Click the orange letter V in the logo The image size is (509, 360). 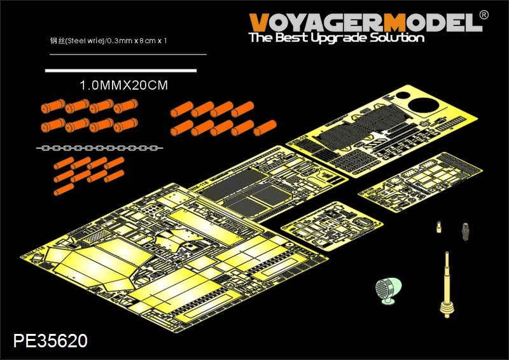click(x=260, y=23)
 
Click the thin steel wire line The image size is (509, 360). click(x=127, y=55)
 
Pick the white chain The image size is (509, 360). click(x=101, y=148)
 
